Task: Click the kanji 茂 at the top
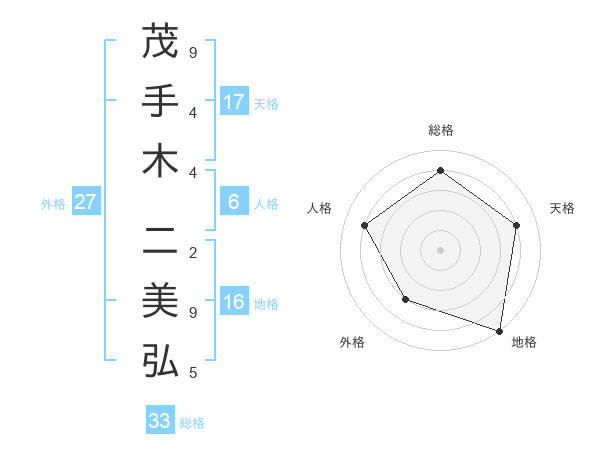(160, 43)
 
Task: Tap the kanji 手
(160, 102)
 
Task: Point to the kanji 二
(160, 240)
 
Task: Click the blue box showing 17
(234, 102)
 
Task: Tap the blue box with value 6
(234, 202)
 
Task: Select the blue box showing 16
(234, 303)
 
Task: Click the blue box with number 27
(86, 202)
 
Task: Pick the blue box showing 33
(160, 421)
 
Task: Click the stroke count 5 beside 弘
(193, 373)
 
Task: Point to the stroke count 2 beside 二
(193, 252)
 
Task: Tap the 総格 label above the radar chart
(441, 130)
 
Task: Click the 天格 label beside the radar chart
(563, 208)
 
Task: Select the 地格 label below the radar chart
(524, 342)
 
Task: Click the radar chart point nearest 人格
(365, 225)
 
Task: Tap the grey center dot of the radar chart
(441, 249)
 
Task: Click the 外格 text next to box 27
(52, 203)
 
